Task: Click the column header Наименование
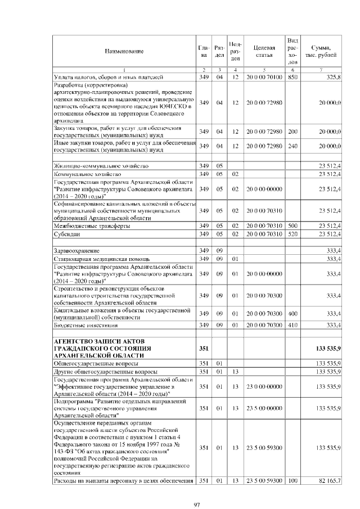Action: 123,51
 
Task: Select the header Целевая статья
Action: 263,51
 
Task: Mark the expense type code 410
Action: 292,326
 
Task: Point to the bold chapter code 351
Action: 204,349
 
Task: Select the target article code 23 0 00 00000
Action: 263,387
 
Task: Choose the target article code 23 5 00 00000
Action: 263,408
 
